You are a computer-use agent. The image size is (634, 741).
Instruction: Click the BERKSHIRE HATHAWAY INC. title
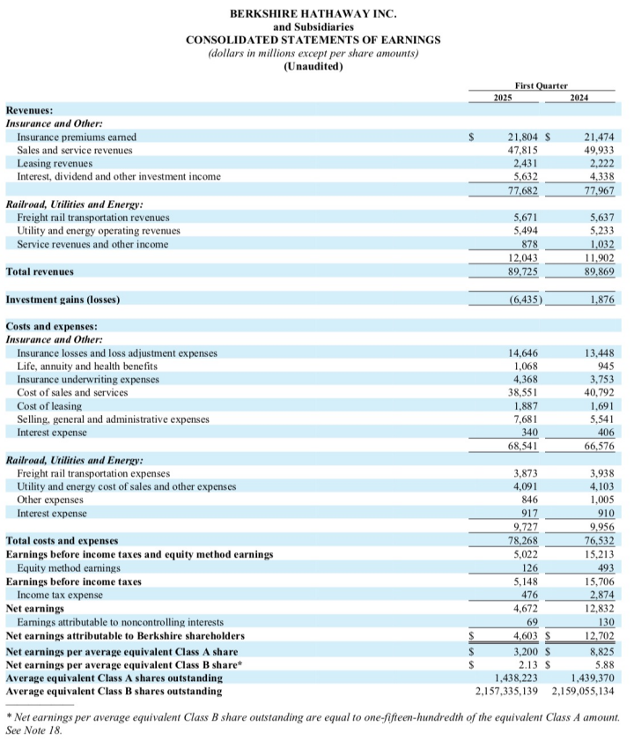(x=313, y=13)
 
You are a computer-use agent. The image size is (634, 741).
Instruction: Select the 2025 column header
(x=503, y=96)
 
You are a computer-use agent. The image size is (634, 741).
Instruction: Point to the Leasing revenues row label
(x=55, y=164)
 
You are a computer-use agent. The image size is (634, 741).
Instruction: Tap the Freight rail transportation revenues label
(x=93, y=217)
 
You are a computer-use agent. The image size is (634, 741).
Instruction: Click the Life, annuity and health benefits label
(x=87, y=366)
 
